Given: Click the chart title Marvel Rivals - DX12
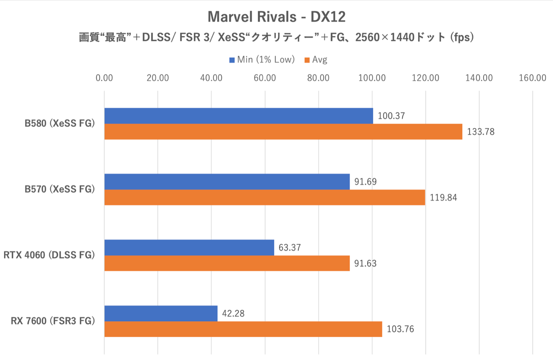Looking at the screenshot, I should [x=276, y=17].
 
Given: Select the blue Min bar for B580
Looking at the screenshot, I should [x=239, y=116].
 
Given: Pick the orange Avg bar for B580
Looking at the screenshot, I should [x=283, y=132].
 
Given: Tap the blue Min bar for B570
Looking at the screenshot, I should [x=227, y=181].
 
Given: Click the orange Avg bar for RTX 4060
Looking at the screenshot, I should [x=227, y=263].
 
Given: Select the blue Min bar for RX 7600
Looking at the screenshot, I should [x=161, y=313].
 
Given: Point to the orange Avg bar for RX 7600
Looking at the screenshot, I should [x=243, y=329].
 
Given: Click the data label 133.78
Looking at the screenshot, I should [x=481, y=132].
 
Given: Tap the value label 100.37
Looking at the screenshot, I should [x=391, y=116].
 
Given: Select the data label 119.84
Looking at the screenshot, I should [x=443, y=197].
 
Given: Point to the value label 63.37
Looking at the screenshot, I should [x=290, y=247].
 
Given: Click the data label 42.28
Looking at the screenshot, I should [x=233, y=313].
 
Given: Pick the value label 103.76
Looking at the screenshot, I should [x=400, y=329].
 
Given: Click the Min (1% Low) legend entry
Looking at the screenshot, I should [x=262, y=60].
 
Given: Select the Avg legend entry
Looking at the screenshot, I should [x=316, y=60].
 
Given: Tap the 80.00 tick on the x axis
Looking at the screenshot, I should [x=318, y=78].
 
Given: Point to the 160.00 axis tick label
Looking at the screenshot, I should [x=532, y=78].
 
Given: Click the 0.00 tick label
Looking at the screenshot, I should [x=104, y=78].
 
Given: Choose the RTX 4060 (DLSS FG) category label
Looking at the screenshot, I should [x=49, y=255].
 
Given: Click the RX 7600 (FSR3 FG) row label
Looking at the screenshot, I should [x=53, y=321].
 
